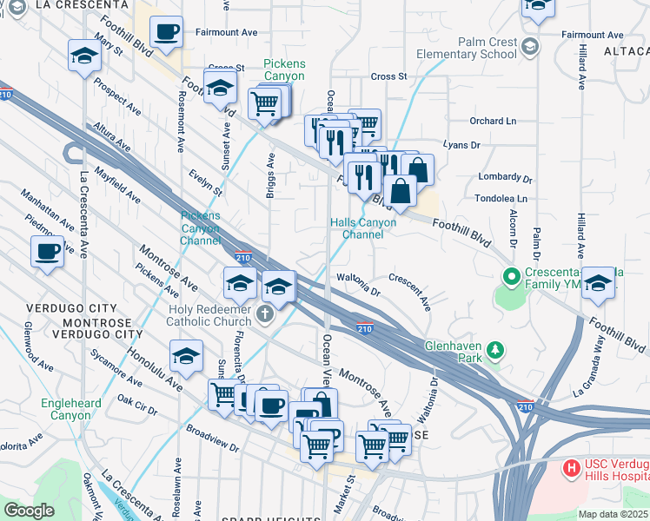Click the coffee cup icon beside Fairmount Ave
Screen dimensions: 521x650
166,33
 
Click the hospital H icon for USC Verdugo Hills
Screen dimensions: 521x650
572,469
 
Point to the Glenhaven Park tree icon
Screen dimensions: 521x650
495,350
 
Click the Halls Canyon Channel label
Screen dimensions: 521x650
363,228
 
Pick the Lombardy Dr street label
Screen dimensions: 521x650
505,177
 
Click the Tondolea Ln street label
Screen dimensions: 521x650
501,199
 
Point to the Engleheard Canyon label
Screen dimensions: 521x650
70,409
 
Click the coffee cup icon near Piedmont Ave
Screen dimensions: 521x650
47,253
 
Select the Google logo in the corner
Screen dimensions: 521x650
29,511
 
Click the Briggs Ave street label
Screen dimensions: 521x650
270,175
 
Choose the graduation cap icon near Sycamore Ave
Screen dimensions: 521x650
186,356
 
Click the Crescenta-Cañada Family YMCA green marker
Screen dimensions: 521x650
512,278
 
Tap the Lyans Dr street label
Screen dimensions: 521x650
461,146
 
